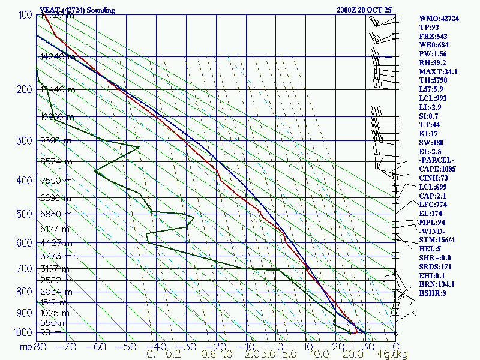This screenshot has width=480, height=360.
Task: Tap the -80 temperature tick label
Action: (x=40, y=346)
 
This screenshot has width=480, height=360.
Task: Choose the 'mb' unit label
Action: (x=26, y=347)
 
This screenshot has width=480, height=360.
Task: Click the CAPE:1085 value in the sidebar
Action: (x=437, y=169)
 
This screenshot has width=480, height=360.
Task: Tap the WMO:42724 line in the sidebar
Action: (x=439, y=19)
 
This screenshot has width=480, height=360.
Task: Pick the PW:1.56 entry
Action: (x=433, y=54)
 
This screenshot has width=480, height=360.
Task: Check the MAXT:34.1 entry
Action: (x=438, y=71)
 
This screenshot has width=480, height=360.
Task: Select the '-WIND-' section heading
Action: (x=432, y=231)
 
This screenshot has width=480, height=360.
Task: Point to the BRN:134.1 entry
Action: (x=437, y=284)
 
